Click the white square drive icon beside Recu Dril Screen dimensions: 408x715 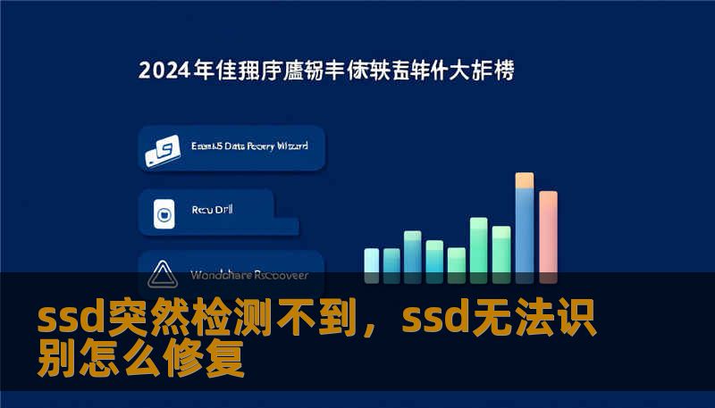[163, 213]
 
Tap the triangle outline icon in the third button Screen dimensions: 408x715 [163, 273]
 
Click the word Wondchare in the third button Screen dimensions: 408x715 [218, 274]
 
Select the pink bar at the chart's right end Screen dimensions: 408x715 [548, 232]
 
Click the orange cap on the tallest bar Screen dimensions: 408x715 [525, 180]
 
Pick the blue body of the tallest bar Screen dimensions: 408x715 [525, 232]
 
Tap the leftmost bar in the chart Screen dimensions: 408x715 [372, 260]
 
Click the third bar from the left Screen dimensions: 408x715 [413, 252]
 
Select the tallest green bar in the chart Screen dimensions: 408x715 [478, 245]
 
